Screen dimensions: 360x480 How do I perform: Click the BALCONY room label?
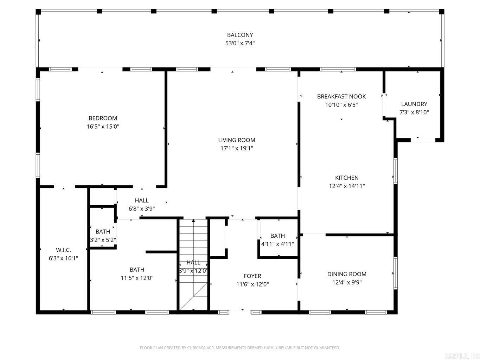click(x=240, y=35)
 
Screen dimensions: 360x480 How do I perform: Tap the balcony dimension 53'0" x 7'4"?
click(x=240, y=43)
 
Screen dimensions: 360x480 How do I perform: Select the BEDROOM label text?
click(x=103, y=118)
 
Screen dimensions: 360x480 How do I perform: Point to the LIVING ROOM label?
click(x=237, y=140)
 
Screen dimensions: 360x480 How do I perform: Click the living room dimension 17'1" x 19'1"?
click(x=237, y=148)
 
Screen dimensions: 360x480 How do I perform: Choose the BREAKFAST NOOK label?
click(x=341, y=96)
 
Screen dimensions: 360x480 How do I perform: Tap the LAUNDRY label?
click(x=414, y=104)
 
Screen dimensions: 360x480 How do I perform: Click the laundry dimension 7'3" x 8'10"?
click(x=414, y=112)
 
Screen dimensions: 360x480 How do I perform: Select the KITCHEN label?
click(x=347, y=178)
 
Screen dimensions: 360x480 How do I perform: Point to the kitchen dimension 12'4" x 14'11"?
click(x=347, y=186)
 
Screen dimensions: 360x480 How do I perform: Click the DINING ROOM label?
click(x=347, y=274)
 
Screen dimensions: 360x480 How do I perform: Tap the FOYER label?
click(x=252, y=276)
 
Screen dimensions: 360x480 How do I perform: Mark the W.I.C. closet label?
click(x=63, y=250)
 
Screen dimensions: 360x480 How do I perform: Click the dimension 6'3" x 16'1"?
click(x=63, y=258)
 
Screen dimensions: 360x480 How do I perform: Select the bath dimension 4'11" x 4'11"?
click(x=277, y=244)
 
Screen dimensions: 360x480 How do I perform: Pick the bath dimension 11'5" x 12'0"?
click(x=137, y=278)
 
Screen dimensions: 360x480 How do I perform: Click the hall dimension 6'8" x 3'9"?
click(x=142, y=209)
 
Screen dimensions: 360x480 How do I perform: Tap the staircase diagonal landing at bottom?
click(x=193, y=297)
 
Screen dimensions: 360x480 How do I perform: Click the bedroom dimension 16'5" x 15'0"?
click(x=103, y=127)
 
